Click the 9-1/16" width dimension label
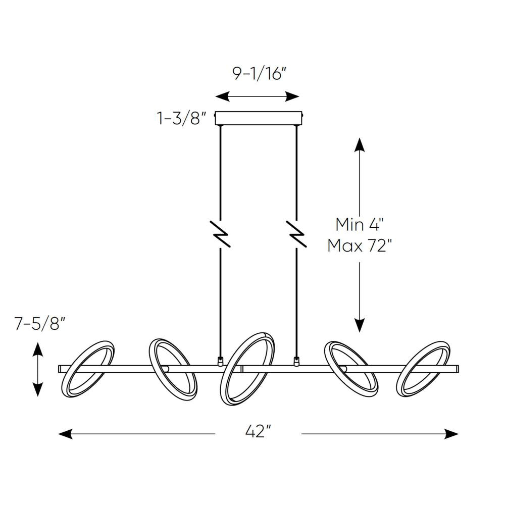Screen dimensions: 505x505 [x=259, y=74]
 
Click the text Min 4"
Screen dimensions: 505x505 [x=359, y=225]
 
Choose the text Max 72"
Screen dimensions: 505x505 [x=359, y=246]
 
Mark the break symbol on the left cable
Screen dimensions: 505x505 [x=221, y=234]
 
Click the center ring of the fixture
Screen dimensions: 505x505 [x=249, y=368]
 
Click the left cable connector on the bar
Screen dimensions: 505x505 [x=220, y=361]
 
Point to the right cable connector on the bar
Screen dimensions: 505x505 [x=296, y=361]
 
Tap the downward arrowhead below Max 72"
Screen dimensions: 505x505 [x=359, y=325]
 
